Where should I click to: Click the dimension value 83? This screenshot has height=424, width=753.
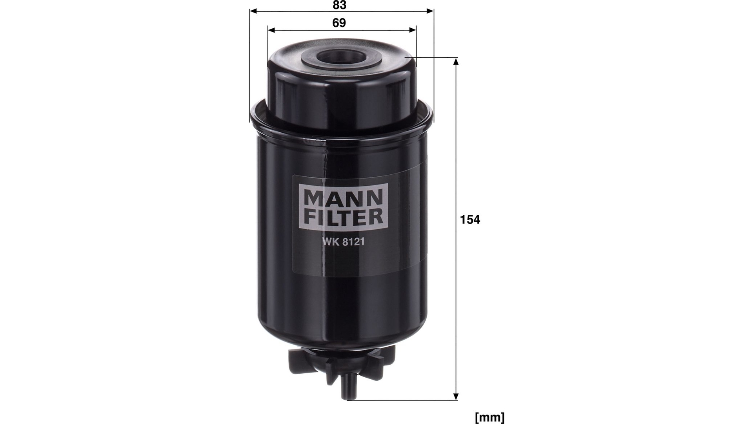click(339, 5)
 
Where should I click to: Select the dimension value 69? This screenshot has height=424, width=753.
click(339, 23)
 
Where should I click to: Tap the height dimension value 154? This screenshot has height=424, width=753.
click(470, 220)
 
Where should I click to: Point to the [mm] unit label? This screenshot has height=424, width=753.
click(490, 417)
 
